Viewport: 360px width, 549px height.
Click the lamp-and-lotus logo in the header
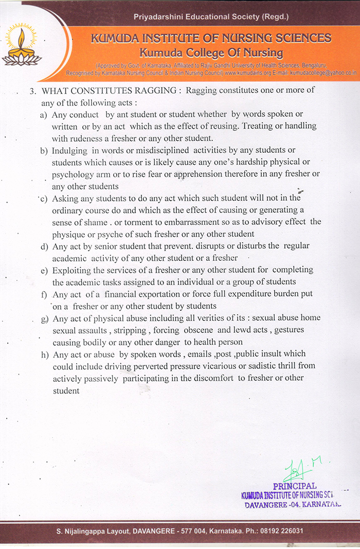21,47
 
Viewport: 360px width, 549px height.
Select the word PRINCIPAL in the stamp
295,486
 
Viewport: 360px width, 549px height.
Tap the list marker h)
44,354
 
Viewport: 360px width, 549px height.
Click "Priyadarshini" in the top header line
160,17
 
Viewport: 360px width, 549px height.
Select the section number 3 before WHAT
32,91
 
